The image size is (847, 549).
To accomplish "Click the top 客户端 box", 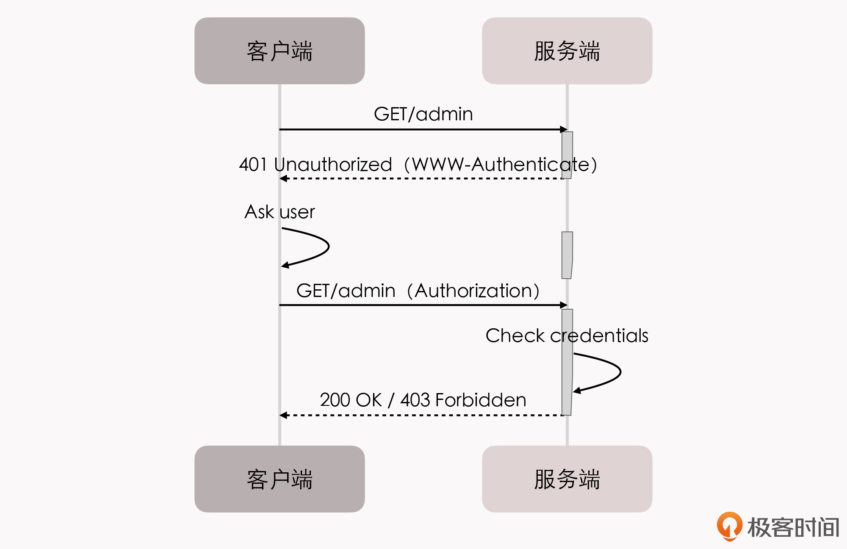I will coord(280,51).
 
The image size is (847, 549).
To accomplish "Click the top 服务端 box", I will coord(567,51).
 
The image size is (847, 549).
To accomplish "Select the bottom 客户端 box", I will coord(280,479).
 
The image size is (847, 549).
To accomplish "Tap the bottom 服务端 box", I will coord(567,479).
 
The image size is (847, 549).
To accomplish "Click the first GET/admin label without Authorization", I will coord(423,114).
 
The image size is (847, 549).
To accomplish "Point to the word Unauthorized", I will coord(333,164).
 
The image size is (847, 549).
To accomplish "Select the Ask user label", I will coord(280,212).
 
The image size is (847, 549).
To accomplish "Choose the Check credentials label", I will coord(567,335).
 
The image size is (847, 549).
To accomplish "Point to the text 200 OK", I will coord(351,400).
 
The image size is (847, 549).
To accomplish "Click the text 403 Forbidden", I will coord(463,400).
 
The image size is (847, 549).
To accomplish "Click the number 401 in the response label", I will coord(252,164).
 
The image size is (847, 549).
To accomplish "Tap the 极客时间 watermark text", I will coord(793,527).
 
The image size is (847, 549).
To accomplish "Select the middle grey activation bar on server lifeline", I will coord(567,255).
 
